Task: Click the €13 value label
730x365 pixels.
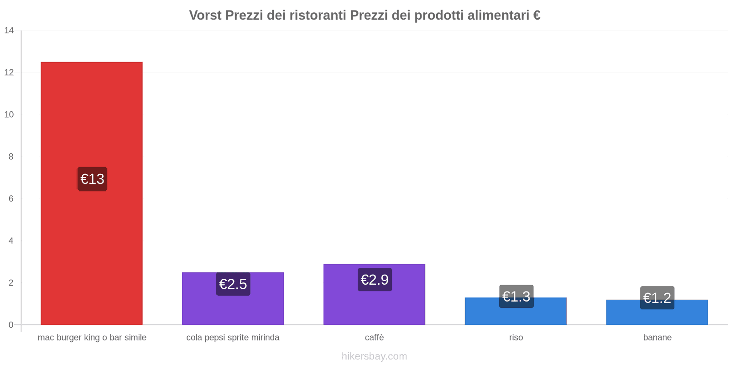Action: (x=92, y=179)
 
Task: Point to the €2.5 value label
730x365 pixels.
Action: (x=233, y=284)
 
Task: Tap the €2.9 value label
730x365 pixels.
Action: (x=375, y=279)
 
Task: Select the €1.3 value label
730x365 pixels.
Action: (x=516, y=296)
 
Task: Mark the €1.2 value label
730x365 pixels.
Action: (x=657, y=297)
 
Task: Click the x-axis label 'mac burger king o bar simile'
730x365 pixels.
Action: (x=92, y=338)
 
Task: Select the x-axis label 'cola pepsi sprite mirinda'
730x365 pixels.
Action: (x=233, y=338)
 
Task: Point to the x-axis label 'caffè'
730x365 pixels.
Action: (x=374, y=338)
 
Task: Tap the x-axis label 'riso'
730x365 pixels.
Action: (x=516, y=338)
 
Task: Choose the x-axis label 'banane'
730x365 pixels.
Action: (x=657, y=338)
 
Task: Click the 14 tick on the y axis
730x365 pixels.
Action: (x=9, y=31)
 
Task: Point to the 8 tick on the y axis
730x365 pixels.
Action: (x=11, y=156)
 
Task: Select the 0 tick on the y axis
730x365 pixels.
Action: (x=11, y=325)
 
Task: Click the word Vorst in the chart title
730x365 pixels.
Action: (x=205, y=16)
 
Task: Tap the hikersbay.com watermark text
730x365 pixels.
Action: (x=374, y=356)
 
